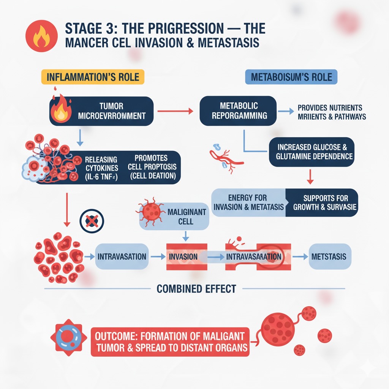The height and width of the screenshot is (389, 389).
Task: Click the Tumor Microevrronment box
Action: coord(102,111)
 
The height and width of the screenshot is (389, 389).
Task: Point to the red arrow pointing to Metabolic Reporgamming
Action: coord(175,111)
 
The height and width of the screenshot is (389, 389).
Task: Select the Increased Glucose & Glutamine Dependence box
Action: coord(312,152)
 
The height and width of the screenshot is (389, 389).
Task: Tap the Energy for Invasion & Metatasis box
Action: coord(248,202)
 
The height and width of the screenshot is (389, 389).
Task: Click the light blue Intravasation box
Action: coord(122,256)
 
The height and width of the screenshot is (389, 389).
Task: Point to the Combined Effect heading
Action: coord(196,289)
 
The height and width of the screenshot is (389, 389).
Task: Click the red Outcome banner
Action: coord(170,342)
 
